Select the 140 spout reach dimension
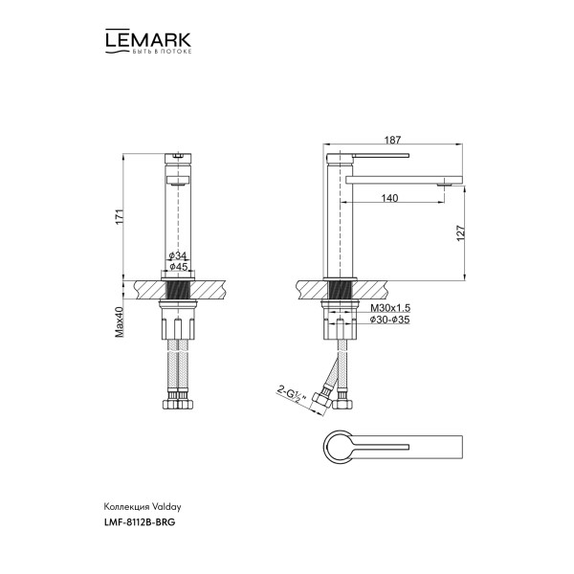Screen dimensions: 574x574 [389, 198]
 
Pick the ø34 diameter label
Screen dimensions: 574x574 [177, 256]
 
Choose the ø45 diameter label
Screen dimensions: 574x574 [177, 267]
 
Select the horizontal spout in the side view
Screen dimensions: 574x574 [402, 179]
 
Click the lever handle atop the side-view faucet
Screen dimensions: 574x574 [373, 155]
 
